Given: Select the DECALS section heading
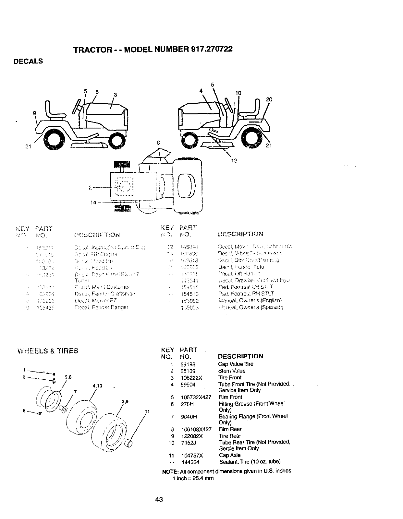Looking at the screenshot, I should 28,61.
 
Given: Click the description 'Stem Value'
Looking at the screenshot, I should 232,371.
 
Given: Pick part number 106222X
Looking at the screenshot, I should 191,378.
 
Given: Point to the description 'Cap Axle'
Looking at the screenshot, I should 230,455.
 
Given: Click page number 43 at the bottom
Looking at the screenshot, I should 159,499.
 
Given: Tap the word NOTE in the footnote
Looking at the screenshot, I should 169,471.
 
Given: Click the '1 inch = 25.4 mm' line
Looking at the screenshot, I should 193,478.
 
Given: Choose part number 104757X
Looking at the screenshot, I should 191,455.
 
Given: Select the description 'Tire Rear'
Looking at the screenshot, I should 230,436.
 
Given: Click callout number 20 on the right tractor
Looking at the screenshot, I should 269,99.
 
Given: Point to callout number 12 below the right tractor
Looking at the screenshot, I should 234,160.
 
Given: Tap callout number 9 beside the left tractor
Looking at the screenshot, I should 34,113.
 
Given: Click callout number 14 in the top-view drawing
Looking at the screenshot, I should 93,202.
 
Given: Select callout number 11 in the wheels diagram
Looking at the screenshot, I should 147,411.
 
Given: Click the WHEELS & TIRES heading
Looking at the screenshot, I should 48,351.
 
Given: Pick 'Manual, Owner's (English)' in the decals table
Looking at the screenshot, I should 250,300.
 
